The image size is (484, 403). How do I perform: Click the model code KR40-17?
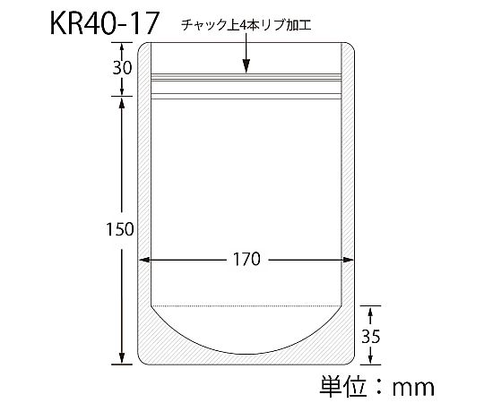coord(104,23)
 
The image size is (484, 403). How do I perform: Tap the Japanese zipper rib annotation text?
coord(246,25)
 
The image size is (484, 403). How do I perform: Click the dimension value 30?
coord(122,68)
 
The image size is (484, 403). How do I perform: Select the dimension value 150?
coord(120,229)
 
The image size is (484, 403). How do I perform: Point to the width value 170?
coord(246,259)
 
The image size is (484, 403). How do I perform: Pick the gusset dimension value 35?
coord(371,337)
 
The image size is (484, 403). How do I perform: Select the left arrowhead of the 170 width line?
coord(144,260)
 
